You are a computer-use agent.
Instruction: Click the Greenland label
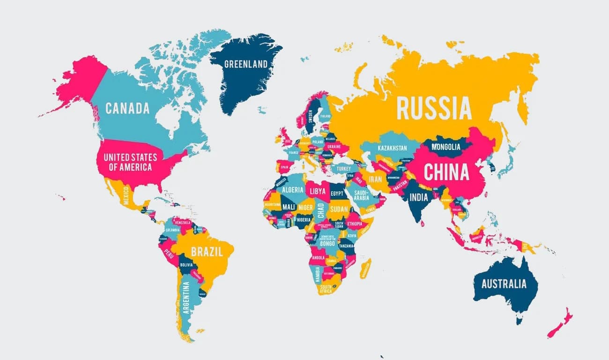[246, 64]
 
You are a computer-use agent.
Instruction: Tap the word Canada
[127, 109]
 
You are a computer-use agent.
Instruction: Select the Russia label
[433, 109]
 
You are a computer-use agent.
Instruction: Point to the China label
[446, 172]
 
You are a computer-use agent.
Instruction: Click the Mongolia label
[446, 147]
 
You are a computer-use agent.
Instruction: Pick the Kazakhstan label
[393, 148]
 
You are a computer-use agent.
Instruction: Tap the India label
[419, 197]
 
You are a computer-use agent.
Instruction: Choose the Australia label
[504, 284]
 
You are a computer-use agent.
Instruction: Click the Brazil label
[207, 251]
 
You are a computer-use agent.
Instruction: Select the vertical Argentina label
[186, 297]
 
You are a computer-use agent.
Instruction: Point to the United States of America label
[130, 162]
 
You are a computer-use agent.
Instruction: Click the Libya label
[317, 192]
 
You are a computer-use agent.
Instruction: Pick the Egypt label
[337, 193]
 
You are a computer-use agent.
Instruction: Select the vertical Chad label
[320, 212]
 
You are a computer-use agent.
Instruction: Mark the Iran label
[376, 179]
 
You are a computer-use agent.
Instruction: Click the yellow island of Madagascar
[365, 268]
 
